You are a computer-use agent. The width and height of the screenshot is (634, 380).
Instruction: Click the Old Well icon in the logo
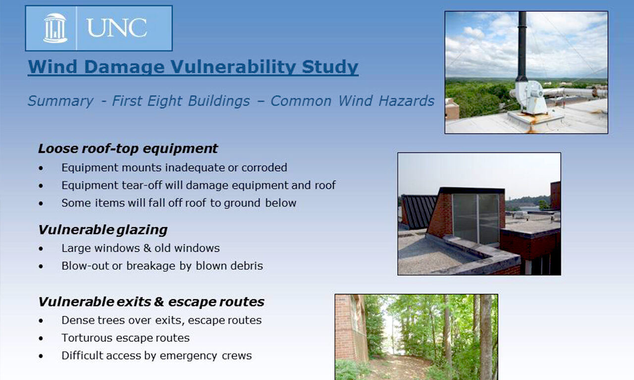[x=55, y=28]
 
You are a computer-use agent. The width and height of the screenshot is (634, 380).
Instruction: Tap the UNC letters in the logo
[x=116, y=28]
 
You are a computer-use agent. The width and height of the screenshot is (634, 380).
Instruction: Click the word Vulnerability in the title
[x=233, y=67]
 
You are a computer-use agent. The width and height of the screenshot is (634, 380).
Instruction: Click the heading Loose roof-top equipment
[x=128, y=148]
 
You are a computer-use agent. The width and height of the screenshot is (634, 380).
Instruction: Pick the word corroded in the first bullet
[x=264, y=168]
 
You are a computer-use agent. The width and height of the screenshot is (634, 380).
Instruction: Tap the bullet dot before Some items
[x=41, y=203]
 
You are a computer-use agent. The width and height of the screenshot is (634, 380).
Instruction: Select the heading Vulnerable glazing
[x=103, y=230]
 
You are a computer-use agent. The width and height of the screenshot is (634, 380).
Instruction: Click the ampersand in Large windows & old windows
[x=147, y=248]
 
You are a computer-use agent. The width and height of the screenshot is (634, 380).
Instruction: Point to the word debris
[x=246, y=266]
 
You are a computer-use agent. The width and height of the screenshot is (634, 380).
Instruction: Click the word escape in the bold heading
[x=191, y=302]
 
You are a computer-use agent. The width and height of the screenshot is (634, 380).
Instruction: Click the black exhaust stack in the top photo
[x=522, y=47]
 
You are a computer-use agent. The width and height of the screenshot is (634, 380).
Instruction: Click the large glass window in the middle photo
[x=476, y=218]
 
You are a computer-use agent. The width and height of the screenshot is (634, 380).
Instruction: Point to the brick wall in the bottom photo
[x=351, y=328]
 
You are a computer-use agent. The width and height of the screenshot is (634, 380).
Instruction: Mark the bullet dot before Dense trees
[x=41, y=321]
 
